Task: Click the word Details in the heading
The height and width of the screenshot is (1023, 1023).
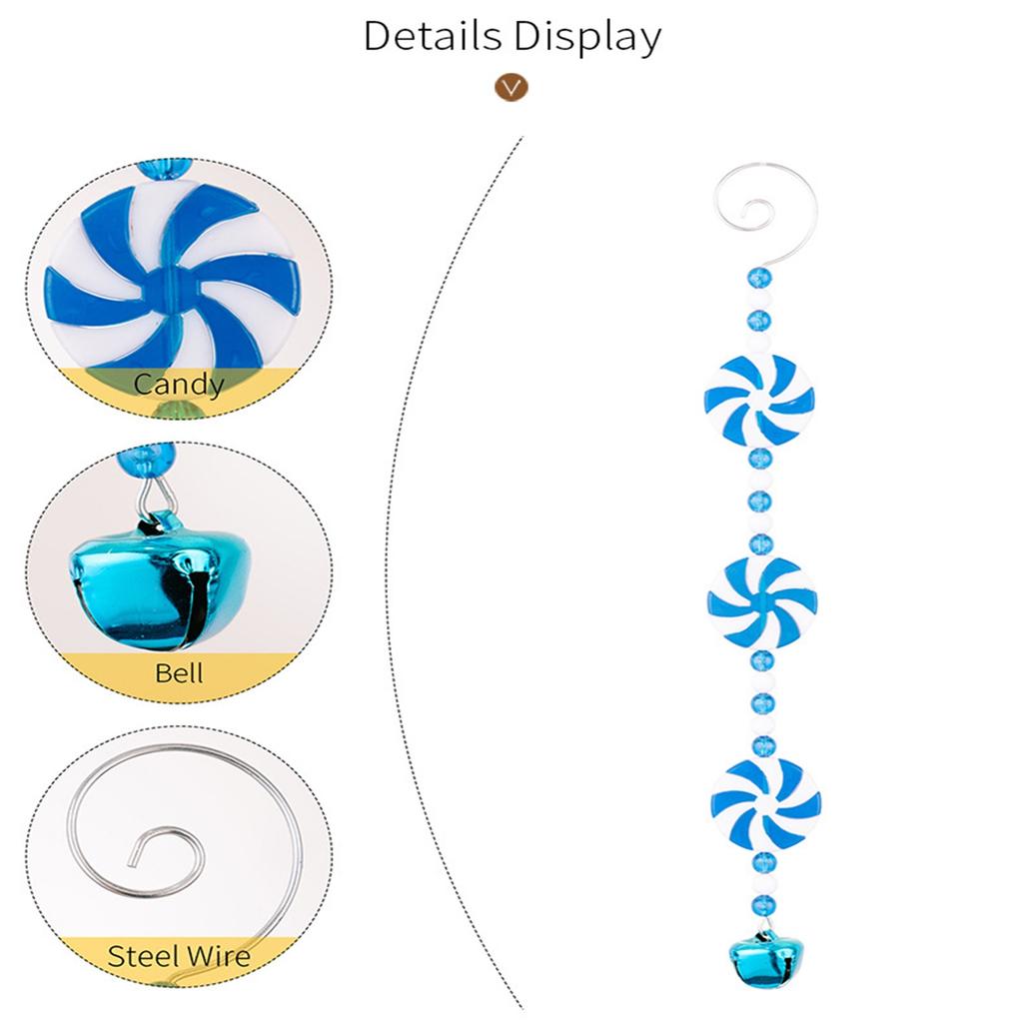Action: coord(433,36)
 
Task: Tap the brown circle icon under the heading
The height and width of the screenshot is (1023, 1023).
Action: coord(511,87)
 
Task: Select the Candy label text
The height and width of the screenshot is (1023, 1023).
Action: coord(179,383)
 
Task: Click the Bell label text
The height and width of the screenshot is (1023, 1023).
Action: coord(179,672)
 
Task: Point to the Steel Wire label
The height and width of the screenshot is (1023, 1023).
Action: coord(179,956)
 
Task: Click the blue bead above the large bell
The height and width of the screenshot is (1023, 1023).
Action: coord(146,459)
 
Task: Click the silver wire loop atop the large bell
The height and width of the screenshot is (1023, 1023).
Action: coord(155,497)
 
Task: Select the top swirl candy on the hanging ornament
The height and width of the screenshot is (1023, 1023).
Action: coord(759,400)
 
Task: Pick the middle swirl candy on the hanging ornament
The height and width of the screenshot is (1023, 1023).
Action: coord(762,599)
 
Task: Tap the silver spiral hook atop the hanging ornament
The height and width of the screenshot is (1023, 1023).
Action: coord(765,211)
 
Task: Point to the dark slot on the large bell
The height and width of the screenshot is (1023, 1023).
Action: coord(196,599)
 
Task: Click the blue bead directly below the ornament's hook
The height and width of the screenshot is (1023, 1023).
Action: coord(758,276)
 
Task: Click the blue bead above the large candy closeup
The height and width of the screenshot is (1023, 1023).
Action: coord(163,167)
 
